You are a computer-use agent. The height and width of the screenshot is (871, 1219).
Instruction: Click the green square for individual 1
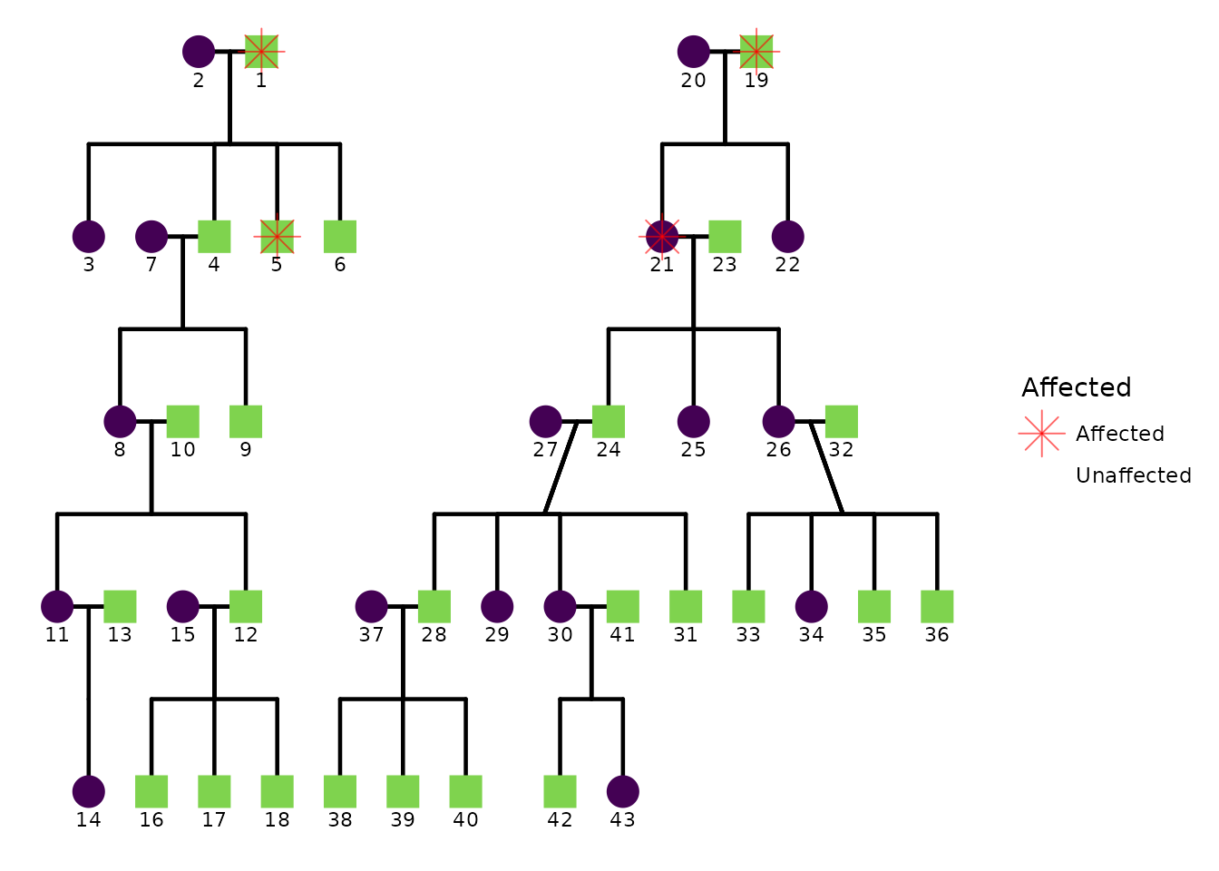pos(261,52)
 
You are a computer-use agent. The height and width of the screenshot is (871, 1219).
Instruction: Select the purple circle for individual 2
pos(199,52)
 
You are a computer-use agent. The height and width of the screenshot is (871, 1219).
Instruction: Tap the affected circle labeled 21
pos(662,237)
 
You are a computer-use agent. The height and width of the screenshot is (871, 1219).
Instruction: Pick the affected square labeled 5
pos(277,237)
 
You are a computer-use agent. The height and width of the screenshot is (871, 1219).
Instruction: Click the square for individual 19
pos(756,52)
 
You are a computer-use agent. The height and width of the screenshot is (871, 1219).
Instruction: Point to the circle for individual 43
pos(622,791)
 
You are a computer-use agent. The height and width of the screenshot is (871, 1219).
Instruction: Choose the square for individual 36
pos(937,606)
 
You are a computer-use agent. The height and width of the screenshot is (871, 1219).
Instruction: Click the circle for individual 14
pos(89,791)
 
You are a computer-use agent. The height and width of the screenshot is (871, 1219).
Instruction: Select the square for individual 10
pos(182,421)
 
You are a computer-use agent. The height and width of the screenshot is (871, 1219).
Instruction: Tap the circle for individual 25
pos(693,421)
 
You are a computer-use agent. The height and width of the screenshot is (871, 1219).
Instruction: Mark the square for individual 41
pos(622,606)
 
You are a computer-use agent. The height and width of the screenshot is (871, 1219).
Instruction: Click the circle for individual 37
pos(371,606)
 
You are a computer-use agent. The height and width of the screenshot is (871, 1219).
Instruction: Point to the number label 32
pos(841,450)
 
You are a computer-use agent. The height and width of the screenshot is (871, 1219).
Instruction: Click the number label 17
pos(214,820)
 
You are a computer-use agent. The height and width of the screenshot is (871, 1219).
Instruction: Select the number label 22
pos(787,265)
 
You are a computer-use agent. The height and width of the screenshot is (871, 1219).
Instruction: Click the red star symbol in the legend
pos(1041,434)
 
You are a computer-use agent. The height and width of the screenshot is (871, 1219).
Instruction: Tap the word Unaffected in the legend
pos(1133,475)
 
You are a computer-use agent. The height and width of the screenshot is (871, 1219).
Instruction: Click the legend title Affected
pos(1076,387)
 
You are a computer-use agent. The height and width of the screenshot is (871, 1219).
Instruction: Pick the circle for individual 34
pos(811,606)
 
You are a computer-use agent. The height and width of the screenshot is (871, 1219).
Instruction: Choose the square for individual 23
pos(725,237)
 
